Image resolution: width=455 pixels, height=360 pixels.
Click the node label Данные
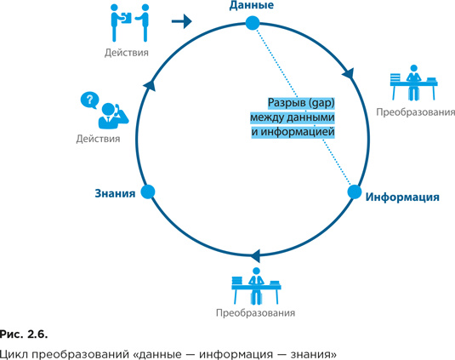point(251,5)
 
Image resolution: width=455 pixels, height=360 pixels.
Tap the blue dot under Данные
point(253,23)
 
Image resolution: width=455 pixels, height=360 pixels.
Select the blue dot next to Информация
point(355,191)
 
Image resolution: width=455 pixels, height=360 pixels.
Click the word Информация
point(402,197)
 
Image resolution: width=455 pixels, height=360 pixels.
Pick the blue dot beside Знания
point(148,191)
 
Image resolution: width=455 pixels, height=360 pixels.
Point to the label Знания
point(115,193)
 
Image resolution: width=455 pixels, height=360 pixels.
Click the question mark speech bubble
point(89,100)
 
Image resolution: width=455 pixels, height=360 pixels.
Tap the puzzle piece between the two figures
point(126,18)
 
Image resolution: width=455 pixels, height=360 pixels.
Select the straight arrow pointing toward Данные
point(182,21)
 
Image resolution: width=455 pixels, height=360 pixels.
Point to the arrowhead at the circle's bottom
point(255,256)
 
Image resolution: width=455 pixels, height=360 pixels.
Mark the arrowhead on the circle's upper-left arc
point(150,85)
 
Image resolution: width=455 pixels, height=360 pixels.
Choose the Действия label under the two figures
point(127,53)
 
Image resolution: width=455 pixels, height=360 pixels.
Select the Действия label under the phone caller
point(98,139)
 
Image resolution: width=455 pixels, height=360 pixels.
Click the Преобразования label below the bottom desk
point(256,313)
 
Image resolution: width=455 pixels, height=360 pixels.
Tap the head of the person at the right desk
point(413,68)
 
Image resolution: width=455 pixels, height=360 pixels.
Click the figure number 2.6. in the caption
point(37,334)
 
